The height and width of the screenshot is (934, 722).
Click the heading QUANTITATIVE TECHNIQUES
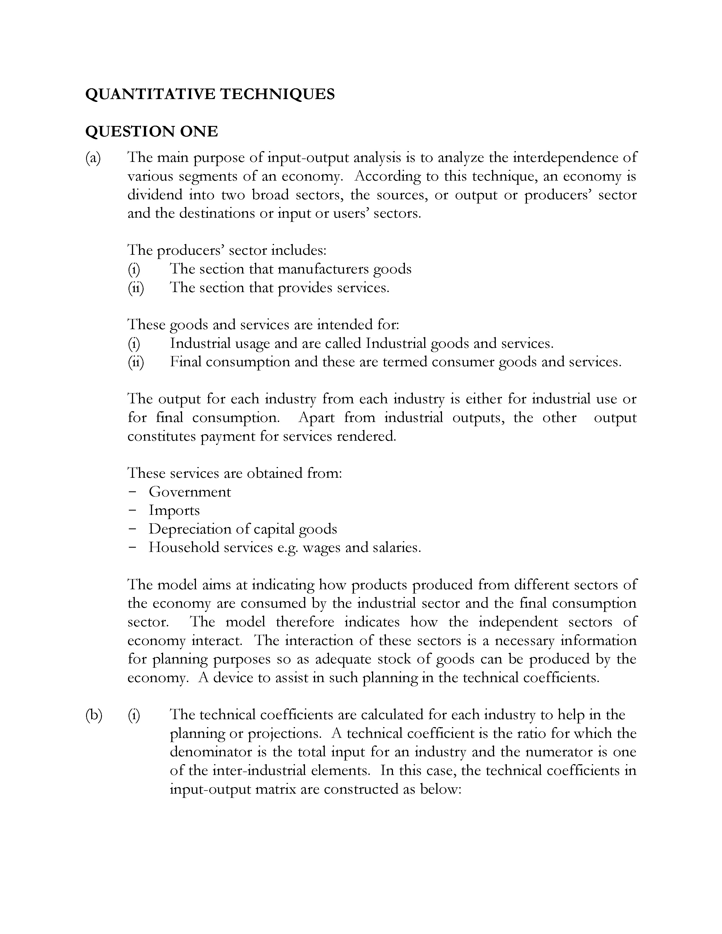point(210,94)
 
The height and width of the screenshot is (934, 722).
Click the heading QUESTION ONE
point(151,131)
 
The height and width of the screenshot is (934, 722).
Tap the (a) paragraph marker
point(93,158)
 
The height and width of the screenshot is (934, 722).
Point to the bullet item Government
point(189,492)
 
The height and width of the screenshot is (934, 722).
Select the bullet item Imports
point(174,511)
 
